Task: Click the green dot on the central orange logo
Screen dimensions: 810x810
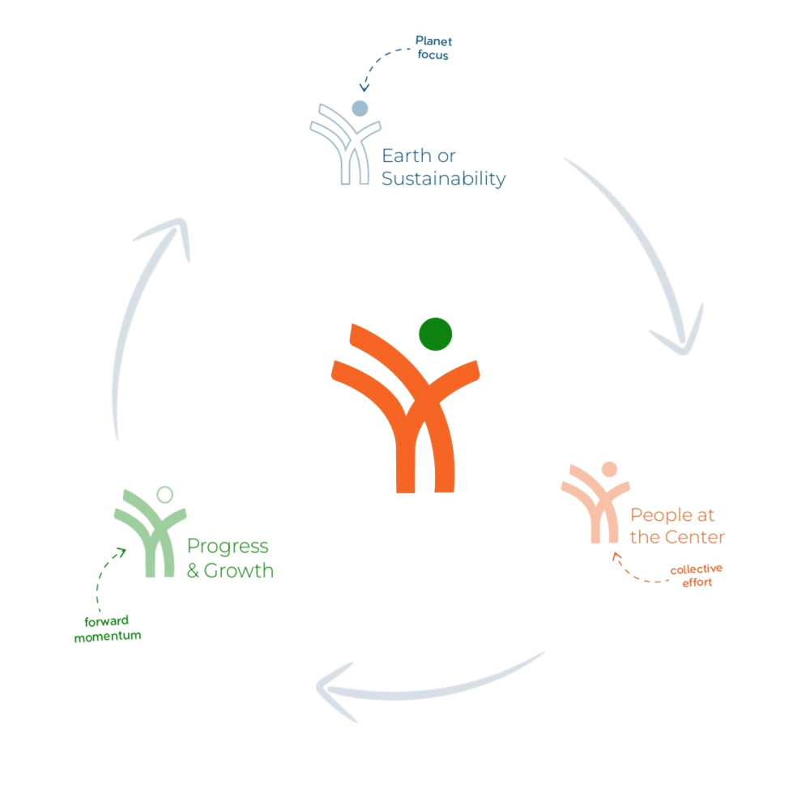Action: (436, 335)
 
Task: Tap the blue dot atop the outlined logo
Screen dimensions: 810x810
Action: (360, 109)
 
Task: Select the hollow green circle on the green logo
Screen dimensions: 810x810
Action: (164, 495)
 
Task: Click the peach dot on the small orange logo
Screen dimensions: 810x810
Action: (610, 469)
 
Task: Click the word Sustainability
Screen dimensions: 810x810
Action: (443, 179)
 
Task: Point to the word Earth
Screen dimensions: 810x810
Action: (407, 156)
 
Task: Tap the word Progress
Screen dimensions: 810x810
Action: (228, 547)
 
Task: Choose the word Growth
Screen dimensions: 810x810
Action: (239, 570)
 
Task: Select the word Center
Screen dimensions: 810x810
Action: (695, 537)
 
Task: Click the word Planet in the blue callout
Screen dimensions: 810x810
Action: (433, 40)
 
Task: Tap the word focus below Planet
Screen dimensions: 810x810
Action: (433, 55)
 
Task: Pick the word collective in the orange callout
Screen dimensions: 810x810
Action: (697, 569)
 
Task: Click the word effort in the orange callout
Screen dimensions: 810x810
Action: (697, 582)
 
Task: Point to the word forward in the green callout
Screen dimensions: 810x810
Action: (106, 621)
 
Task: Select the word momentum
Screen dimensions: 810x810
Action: (108, 636)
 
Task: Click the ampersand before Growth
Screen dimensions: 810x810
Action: (194, 570)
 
